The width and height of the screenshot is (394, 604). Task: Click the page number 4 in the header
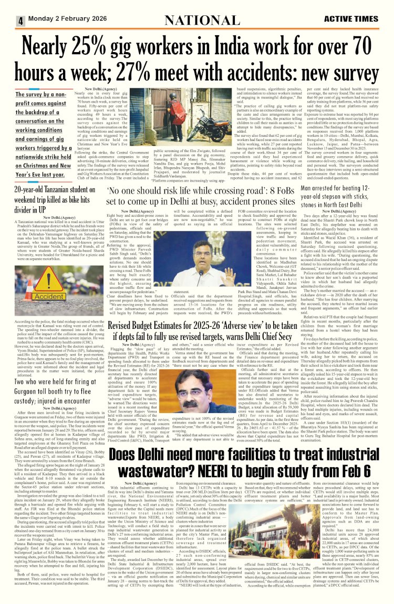point(20,21)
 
